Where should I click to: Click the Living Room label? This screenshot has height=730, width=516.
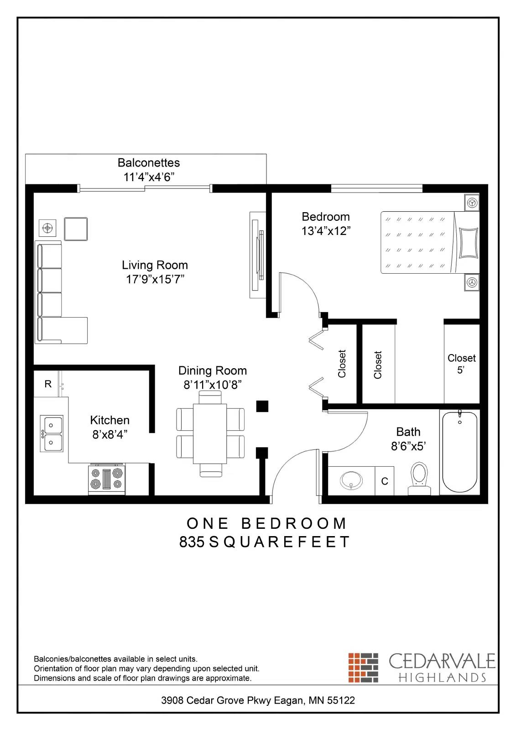pos(155,265)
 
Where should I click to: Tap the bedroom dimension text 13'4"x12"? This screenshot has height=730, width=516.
pos(325,231)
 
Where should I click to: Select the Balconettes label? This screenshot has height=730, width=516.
pos(149,163)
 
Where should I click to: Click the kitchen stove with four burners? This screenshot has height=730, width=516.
pos(107,479)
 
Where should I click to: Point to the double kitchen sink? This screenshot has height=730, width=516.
pos(51,433)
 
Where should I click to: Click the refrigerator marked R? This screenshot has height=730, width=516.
pos(48,384)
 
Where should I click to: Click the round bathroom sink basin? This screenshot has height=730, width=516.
pos(351,480)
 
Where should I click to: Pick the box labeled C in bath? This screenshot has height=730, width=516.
pos(385,481)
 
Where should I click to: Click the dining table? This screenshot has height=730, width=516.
pos(210,433)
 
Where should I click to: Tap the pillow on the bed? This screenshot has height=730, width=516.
pos(469,243)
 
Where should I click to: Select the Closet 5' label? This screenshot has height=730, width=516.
pos(461,364)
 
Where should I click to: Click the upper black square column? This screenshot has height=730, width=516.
pos(262,406)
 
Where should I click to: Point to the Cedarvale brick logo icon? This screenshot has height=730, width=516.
pos(364,667)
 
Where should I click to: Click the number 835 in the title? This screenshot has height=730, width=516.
pos(192,542)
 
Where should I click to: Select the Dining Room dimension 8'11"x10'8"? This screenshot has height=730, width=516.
pos(212,385)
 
